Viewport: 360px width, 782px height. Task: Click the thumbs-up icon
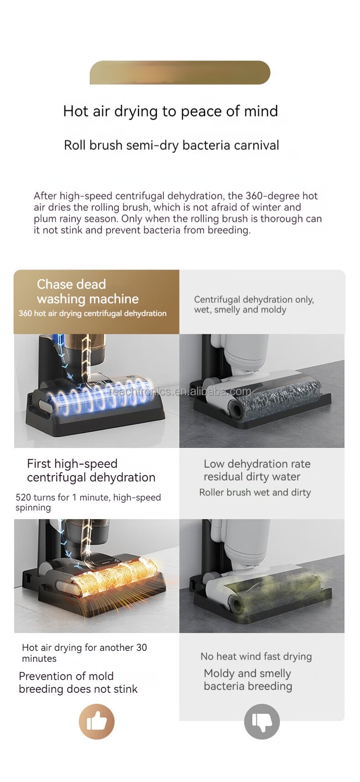(97, 721)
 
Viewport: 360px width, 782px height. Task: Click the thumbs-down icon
(262, 721)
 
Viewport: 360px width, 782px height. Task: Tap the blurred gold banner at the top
(180, 72)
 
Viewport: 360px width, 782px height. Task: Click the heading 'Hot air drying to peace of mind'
(170, 111)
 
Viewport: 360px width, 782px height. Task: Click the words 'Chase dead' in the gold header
(72, 284)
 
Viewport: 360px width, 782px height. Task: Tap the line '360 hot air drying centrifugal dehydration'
(93, 313)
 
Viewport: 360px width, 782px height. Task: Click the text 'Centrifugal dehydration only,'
(254, 300)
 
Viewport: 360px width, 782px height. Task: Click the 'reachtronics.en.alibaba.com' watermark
(180, 392)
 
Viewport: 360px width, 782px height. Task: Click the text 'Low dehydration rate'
(257, 464)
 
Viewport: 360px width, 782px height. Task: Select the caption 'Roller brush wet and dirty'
(255, 492)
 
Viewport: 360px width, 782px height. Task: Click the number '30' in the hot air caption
(141, 648)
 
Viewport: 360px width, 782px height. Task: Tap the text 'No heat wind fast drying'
(256, 656)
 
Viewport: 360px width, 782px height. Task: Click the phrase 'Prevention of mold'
(66, 676)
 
